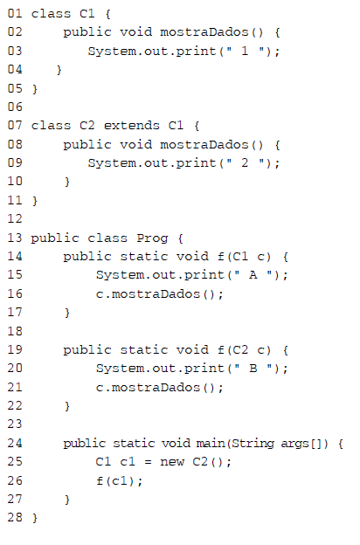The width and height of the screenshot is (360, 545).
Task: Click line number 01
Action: pos(15,14)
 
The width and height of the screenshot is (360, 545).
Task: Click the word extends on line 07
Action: pos(131,125)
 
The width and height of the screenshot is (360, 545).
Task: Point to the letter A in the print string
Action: pos(253,275)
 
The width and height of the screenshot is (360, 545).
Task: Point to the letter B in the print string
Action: pos(253,368)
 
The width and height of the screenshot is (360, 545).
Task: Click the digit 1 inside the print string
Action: pos(245,51)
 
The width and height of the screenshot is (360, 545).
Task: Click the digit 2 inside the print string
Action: pos(245,163)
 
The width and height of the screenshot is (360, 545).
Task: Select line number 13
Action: pos(15,238)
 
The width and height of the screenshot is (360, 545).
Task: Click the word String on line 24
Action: pos(253,444)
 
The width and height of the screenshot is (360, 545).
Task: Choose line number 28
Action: pos(15,517)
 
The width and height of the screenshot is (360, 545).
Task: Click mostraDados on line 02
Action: pos(204,32)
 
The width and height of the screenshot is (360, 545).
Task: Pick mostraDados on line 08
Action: pos(204,144)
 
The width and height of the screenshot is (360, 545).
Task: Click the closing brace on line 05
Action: pos(34,89)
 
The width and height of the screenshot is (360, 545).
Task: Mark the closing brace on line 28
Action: pos(34,518)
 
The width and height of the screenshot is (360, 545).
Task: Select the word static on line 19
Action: pos(143,349)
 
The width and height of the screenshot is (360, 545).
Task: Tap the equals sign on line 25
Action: pos(149,462)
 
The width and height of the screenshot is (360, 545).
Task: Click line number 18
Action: pos(15,331)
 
